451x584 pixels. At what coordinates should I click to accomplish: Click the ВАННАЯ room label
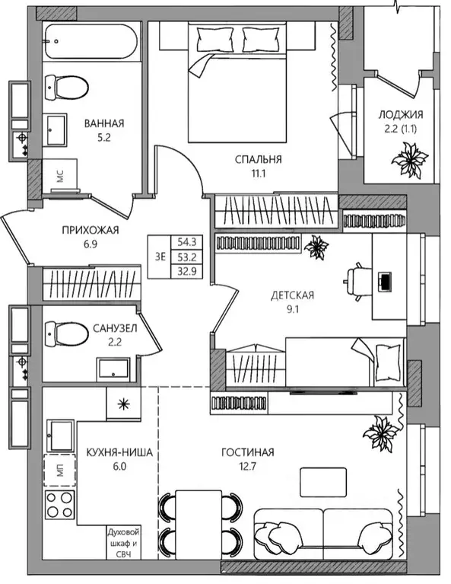point(104,123)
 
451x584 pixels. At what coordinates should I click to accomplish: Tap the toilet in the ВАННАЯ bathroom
point(67,88)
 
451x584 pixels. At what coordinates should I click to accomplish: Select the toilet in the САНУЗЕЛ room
point(67,334)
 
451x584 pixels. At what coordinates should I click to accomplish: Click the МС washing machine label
point(60,176)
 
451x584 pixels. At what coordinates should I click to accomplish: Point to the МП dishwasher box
point(60,470)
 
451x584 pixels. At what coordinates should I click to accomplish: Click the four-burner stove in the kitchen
point(60,505)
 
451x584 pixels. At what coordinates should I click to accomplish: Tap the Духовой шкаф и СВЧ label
point(124,543)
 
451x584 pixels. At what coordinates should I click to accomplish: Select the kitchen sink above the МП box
point(60,436)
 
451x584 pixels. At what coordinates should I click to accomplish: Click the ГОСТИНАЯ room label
point(248,452)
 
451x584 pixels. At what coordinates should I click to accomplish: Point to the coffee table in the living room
point(323,482)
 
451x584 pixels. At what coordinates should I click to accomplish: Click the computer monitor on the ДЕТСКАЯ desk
point(385,282)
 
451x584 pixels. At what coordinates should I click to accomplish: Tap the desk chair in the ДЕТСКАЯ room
point(357,282)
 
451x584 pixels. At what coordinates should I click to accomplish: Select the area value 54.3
point(187,242)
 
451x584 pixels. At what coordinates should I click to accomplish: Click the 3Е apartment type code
point(160,257)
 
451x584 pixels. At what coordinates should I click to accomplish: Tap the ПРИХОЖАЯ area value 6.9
point(91,244)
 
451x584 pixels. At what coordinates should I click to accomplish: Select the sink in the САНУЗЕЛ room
point(113,370)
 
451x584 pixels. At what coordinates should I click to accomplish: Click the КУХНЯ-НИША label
point(119,452)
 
